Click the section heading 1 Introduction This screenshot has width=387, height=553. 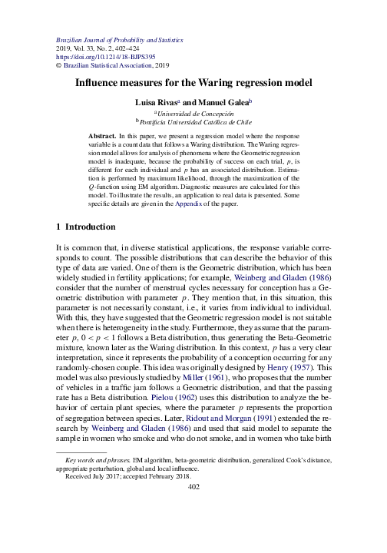click(x=86, y=227)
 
